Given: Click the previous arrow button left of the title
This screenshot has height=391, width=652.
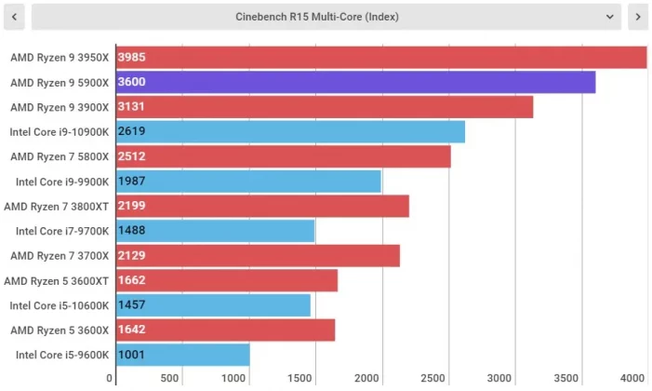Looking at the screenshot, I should pos(14,16).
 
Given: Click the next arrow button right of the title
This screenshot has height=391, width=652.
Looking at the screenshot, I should pos(637,16).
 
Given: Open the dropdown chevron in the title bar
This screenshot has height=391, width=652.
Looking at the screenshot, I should pos(610,16).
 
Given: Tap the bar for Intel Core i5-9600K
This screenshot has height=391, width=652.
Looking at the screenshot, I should pos(182,355).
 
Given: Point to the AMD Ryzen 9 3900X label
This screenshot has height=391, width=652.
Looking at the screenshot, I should pos(60,107).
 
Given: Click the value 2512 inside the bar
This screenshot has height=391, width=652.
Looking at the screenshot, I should pos(131,156).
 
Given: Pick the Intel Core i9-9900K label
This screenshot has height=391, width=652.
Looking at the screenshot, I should pos(62,181).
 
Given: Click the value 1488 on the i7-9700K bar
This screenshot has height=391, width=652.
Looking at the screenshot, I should pos(131,231).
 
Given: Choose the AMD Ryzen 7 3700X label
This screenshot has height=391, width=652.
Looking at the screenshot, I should pos(60,255).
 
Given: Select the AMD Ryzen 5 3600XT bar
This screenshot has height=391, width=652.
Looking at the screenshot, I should pos(226,280).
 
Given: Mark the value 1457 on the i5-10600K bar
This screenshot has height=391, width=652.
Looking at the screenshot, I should pos(131,305).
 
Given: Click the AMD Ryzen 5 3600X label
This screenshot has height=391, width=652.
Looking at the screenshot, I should pos(60,330).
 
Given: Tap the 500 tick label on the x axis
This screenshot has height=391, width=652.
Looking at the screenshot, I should pos(170,378).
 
